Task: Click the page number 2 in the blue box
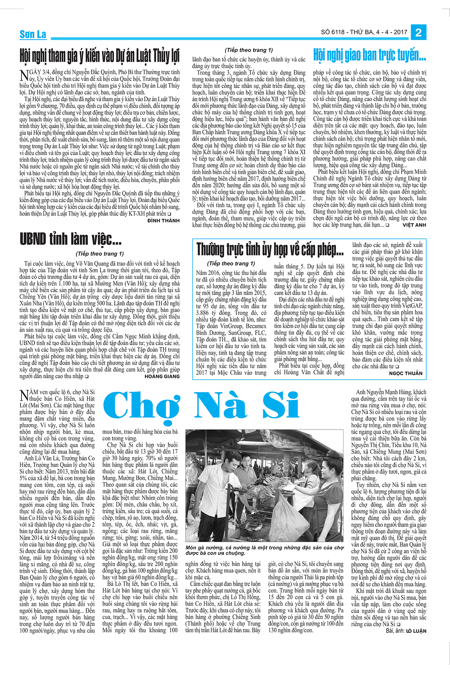pos(418,33)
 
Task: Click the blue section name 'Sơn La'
pos(33,34)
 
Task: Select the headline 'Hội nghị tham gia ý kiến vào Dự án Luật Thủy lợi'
pos(99,56)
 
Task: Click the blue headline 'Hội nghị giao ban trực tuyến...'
pos(369,55)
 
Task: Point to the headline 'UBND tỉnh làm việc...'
pos(70,239)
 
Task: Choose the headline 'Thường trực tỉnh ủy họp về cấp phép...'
pos(270,249)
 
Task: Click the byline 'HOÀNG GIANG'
pos(162,376)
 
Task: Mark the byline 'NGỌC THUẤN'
pos(405,373)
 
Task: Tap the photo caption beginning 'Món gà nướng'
pos(264,550)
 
